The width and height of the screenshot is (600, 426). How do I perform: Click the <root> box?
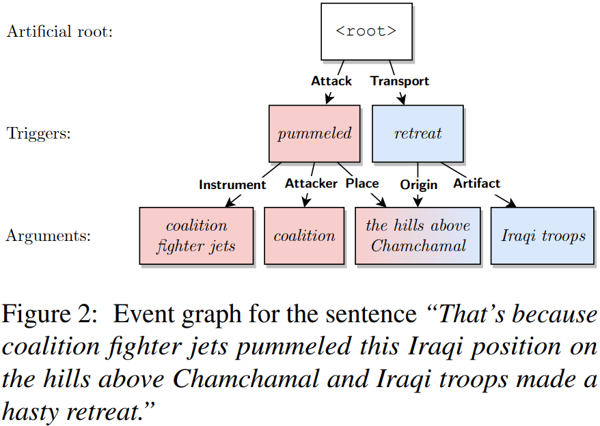(366, 31)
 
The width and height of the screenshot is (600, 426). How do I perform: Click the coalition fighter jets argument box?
(196, 236)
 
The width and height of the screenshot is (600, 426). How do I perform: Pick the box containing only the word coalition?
(304, 236)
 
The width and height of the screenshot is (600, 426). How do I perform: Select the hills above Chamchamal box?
(418, 236)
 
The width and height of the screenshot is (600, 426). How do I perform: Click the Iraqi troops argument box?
(543, 236)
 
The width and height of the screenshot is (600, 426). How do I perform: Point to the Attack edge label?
(331, 81)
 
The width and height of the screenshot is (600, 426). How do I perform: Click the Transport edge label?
(400, 81)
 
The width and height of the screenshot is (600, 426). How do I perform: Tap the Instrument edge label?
(232, 184)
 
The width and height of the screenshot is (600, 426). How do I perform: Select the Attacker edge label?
(311, 183)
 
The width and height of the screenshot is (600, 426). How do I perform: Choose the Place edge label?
(362, 183)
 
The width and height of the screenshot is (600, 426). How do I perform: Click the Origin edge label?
(418, 184)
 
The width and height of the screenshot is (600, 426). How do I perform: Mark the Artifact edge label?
(476, 183)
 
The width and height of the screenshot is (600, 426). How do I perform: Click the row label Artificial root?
(59, 31)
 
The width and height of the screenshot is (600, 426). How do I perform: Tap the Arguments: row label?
(48, 236)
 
